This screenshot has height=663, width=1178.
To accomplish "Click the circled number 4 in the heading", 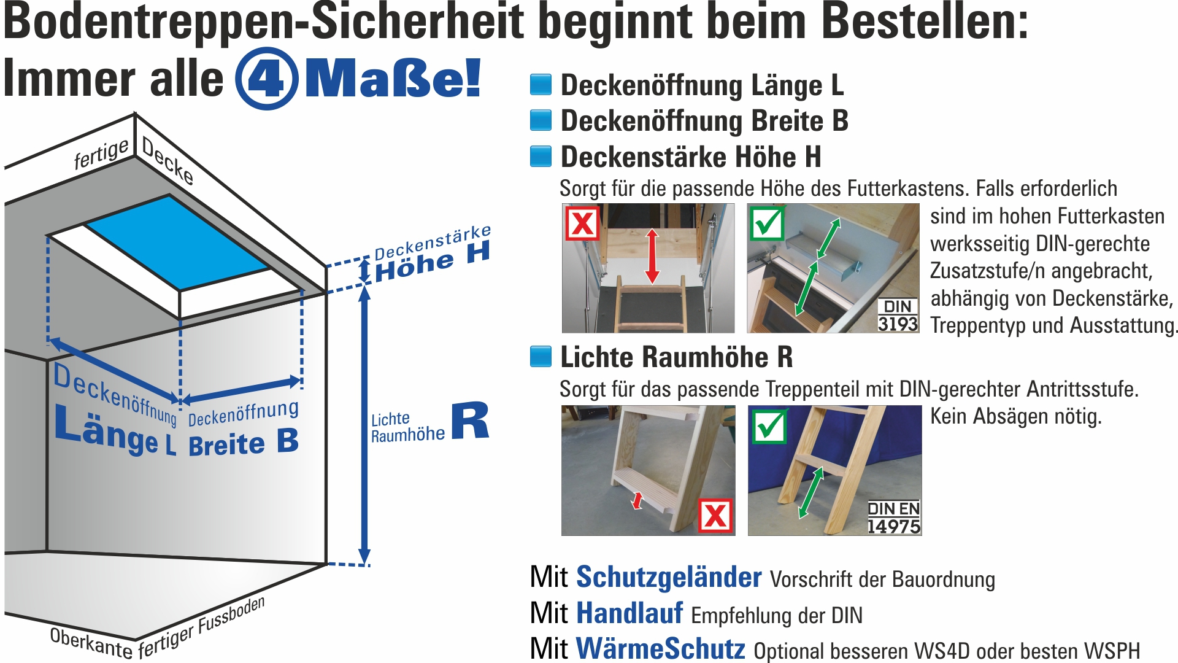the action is (x=266, y=79).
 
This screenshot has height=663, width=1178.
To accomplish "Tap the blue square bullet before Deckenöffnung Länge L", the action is (x=541, y=85).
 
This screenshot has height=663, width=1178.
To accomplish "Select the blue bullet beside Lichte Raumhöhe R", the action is (x=541, y=357).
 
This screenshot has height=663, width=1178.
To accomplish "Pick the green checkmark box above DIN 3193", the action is (x=767, y=223).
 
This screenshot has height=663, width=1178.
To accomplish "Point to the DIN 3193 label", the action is (x=898, y=316).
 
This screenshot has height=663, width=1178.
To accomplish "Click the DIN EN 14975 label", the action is (x=894, y=518).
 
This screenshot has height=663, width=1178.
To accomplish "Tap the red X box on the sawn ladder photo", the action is (x=715, y=516).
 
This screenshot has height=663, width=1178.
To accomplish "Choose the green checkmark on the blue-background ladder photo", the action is (x=769, y=426).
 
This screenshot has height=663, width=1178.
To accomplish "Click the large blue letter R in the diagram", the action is (x=470, y=421).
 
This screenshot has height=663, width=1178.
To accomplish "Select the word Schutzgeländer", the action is (x=669, y=578).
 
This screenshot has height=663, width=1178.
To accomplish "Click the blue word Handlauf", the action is (x=629, y=613).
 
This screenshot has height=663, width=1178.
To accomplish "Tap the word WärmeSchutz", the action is (x=661, y=649).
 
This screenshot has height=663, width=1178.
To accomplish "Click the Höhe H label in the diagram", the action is (x=433, y=262).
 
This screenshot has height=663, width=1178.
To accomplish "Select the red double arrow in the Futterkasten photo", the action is (x=652, y=256).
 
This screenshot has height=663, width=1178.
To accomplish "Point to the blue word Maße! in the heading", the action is (x=393, y=79).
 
